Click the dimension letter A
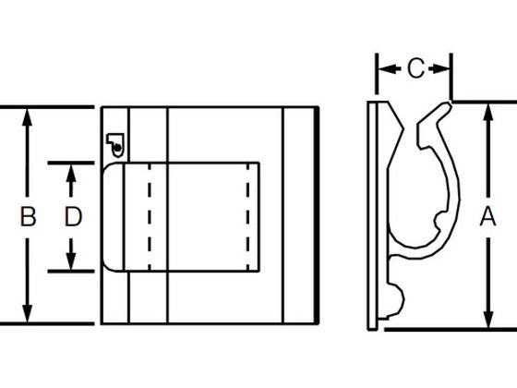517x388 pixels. (x=487, y=216)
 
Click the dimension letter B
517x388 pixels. (x=28, y=216)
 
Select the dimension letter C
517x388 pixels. (x=415, y=68)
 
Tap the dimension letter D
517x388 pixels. (x=73, y=216)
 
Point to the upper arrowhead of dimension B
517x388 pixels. (x=27, y=117)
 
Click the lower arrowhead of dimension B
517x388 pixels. (x=27, y=313)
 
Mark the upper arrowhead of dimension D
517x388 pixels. (x=71, y=174)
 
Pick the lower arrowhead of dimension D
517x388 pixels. (x=71, y=261)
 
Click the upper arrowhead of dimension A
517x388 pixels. (x=488, y=113)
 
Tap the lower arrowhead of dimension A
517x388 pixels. (x=488, y=319)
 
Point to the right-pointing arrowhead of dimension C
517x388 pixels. (x=441, y=69)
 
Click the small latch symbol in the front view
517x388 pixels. (x=115, y=145)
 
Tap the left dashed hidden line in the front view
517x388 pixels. (x=150, y=217)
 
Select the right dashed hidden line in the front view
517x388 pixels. (x=248, y=217)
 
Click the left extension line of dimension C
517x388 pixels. (x=377, y=74)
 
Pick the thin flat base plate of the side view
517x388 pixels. (x=372, y=215)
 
